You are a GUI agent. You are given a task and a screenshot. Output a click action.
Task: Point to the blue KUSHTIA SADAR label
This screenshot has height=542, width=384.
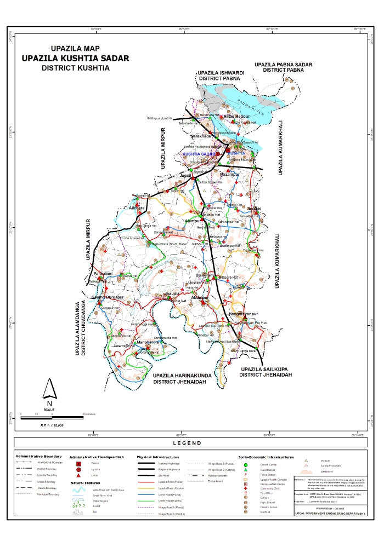pyautogui.click(x=198, y=155)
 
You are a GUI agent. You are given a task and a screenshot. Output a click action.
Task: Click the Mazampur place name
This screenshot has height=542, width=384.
pyautogui.click(x=230, y=174)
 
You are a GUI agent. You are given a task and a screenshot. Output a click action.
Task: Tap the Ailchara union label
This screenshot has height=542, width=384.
pyautogui.click(x=137, y=209)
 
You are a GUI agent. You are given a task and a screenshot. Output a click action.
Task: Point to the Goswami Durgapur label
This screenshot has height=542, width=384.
pyautogui.click(x=105, y=297)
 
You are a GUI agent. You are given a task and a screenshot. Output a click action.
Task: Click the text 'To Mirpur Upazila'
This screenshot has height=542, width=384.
pyautogui.click(x=159, y=118)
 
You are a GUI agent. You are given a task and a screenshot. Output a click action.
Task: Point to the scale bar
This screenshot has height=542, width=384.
pyautogui.click(x=52, y=418)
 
